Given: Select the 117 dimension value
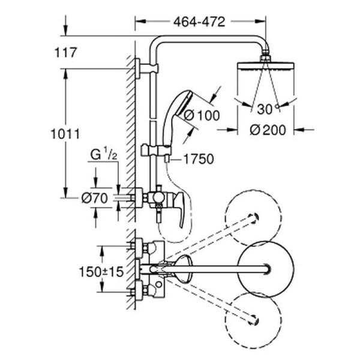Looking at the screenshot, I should (x=65, y=53).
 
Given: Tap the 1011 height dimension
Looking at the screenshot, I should (x=65, y=134).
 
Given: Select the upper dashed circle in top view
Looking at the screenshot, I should (x=252, y=218).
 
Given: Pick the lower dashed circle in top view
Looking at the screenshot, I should (x=252, y=318).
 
